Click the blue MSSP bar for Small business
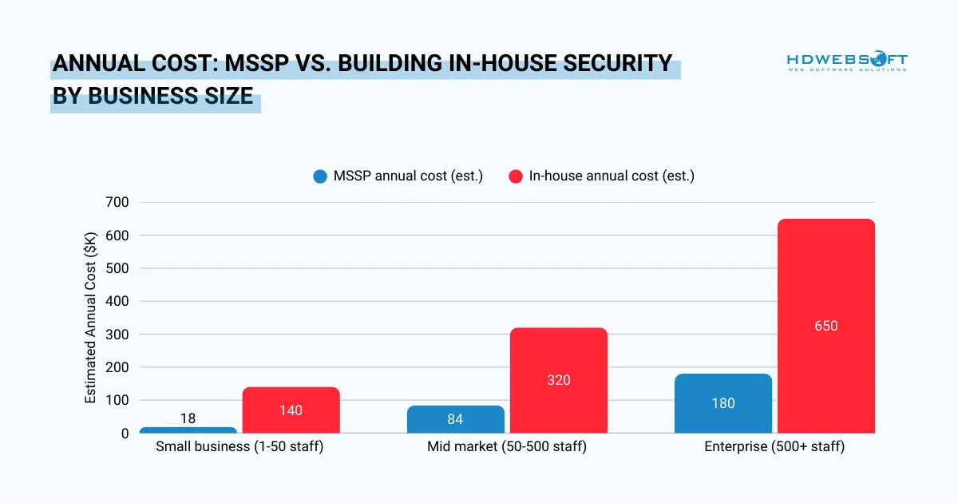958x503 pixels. pyautogui.click(x=188, y=430)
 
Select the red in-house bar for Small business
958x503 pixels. pyautogui.click(x=291, y=410)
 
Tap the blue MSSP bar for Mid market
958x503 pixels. pyautogui.click(x=455, y=419)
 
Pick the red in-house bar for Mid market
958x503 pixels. pyautogui.click(x=558, y=380)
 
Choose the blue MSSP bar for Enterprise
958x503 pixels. pyautogui.click(x=722, y=403)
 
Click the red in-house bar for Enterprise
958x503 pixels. pyautogui.click(x=825, y=326)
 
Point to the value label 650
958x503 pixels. pyautogui.click(x=825, y=326)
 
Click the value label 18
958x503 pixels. pyautogui.click(x=188, y=418)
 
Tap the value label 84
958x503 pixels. pyautogui.click(x=455, y=419)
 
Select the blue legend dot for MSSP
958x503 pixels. pyautogui.click(x=320, y=176)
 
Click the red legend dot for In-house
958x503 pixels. pyautogui.click(x=516, y=176)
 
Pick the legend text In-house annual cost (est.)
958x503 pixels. pyautogui.click(x=611, y=176)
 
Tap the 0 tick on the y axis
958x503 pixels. pyautogui.click(x=125, y=434)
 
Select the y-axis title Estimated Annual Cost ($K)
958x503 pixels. pyautogui.click(x=91, y=318)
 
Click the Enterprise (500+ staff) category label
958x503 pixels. pyautogui.click(x=774, y=447)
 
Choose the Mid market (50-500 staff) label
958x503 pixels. pyautogui.click(x=506, y=447)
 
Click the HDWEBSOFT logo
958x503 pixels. pyautogui.click(x=846, y=61)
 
